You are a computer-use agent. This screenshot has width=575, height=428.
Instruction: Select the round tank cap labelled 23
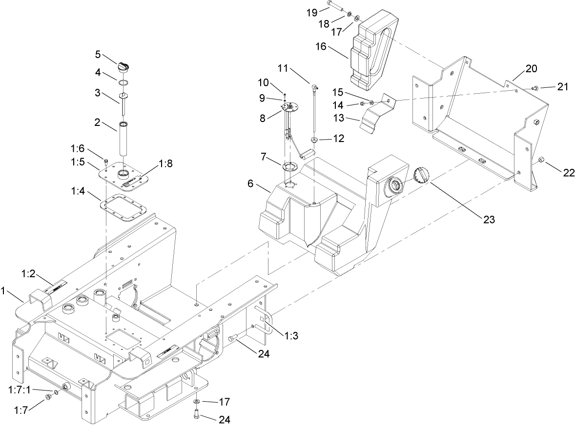coord(421,175)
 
